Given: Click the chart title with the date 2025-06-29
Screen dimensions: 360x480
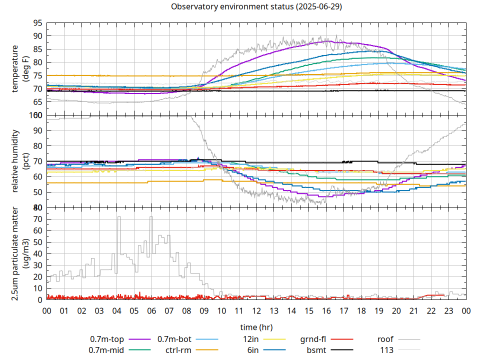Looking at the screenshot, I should pyautogui.click(x=256, y=7).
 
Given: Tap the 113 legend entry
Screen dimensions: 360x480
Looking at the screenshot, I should pyautogui.click(x=387, y=350).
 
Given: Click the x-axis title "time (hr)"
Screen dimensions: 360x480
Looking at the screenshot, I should pyautogui.click(x=256, y=327).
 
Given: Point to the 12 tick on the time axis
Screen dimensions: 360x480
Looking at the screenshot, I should pyautogui.click(x=256, y=310).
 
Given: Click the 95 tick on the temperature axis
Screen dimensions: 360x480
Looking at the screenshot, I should pyautogui.click(x=37, y=23).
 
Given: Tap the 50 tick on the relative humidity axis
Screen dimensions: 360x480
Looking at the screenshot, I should pyautogui.click(x=37, y=192).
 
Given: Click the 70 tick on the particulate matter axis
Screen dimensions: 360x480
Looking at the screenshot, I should pyautogui.click(x=37, y=219).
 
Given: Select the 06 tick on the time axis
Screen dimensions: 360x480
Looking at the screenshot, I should pyautogui.click(x=151, y=310).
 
